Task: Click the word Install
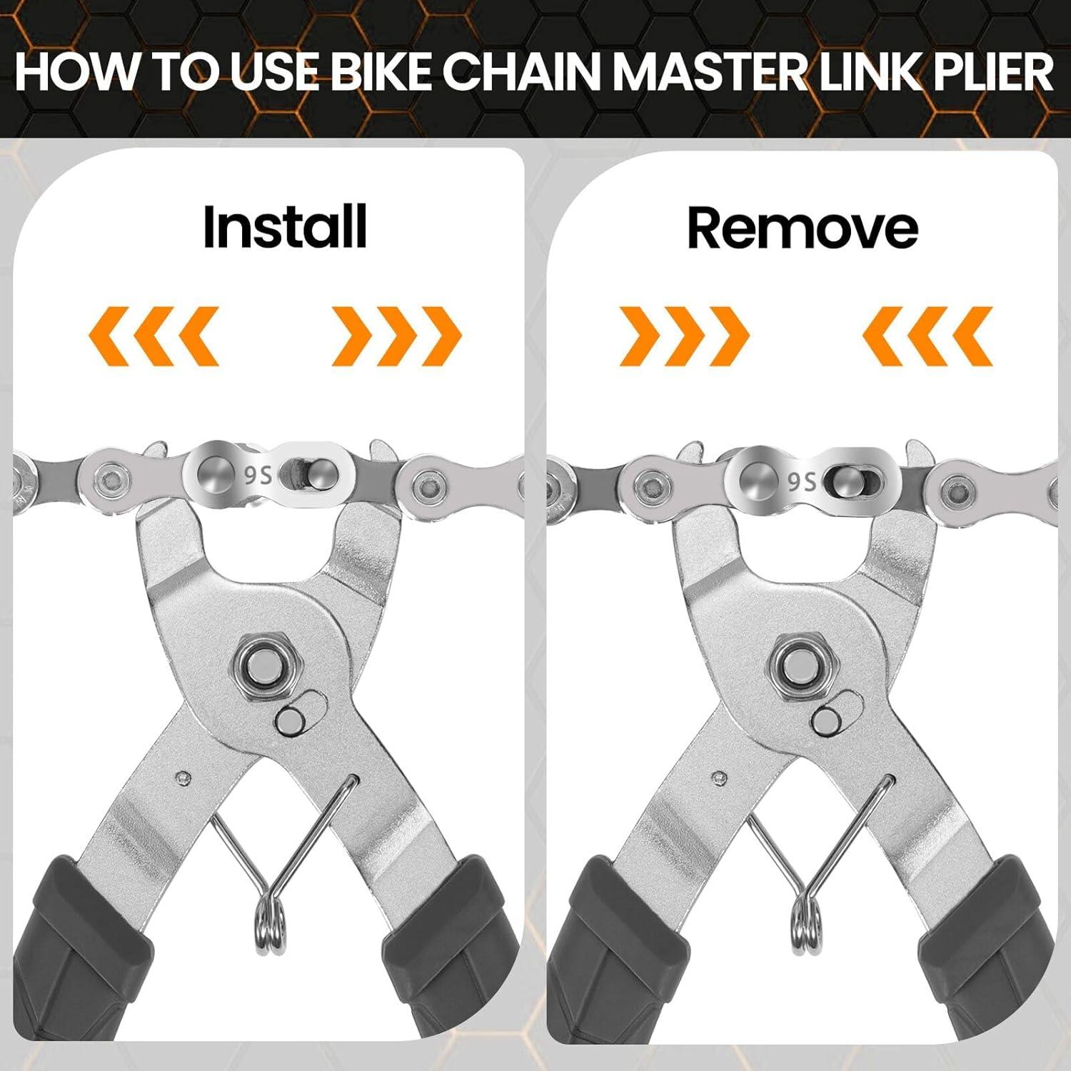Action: click(285, 227)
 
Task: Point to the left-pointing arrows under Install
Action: click(154, 336)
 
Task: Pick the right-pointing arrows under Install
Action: click(397, 336)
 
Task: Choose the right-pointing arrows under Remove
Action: click(684, 336)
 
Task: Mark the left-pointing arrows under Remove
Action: click(927, 336)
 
